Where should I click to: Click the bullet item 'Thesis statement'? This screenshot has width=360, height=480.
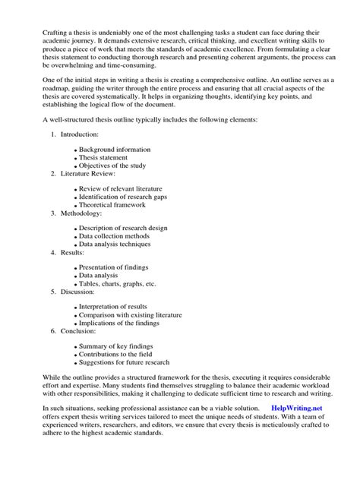109,158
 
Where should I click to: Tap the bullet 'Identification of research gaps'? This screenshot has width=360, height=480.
125,197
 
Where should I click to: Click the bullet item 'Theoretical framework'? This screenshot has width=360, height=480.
115,205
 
